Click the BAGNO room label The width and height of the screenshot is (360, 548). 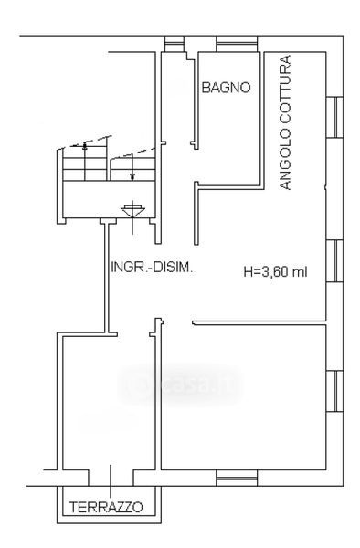[226, 88]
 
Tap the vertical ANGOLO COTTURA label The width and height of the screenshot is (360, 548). [286, 122]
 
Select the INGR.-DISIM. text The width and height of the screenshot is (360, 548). [152, 268]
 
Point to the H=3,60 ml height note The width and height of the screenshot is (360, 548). [275, 271]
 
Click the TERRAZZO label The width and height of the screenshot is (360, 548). [106, 507]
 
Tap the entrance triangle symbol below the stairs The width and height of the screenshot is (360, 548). [132, 211]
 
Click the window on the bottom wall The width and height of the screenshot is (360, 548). [237, 478]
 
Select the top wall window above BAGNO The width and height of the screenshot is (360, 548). [237, 44]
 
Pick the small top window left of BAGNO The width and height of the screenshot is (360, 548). [174, 44]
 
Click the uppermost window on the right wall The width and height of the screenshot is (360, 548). [334, 117]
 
